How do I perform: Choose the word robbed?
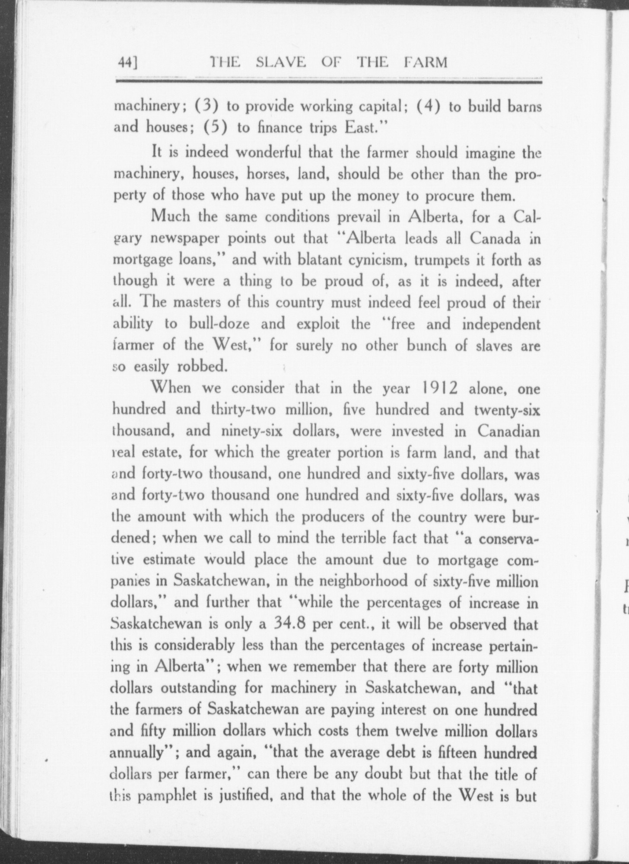pyautogui.click(x=202, y=367)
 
